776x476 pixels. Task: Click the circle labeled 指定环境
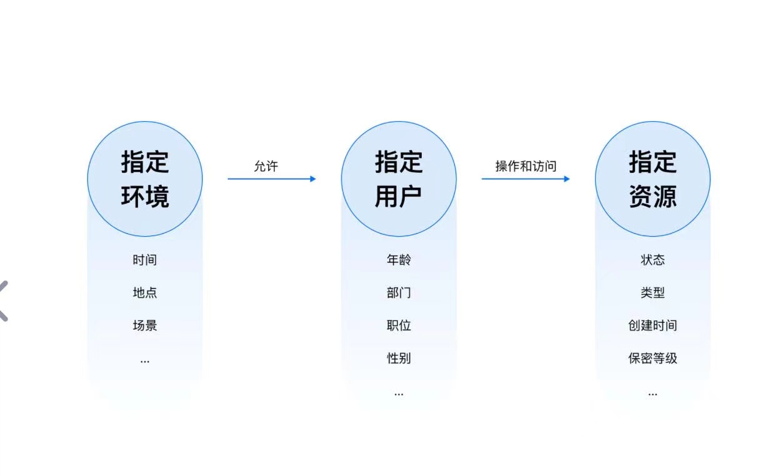point(145,179)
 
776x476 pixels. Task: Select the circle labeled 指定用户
point(399,179)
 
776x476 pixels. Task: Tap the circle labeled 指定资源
point(652,179)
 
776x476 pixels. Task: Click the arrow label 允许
point(266,166)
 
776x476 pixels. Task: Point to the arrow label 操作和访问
point(525,166)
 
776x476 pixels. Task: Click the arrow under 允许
point(271,179)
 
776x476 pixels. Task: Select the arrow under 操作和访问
point(525,179)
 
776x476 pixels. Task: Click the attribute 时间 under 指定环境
point(145,260)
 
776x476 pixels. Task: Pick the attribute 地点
point(145,292)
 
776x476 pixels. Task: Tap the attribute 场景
point(145,325)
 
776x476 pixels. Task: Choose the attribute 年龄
point(399,260)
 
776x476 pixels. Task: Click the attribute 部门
point(399,292)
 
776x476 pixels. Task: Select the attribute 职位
point(399,325)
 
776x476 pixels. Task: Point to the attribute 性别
point(399,359)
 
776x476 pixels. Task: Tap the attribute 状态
point(652,260)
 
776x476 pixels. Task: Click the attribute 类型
point(652,292)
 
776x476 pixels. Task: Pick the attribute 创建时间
point(652,325)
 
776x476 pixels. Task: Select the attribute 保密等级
point(652,359)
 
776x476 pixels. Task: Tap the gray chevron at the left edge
point(4,300)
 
